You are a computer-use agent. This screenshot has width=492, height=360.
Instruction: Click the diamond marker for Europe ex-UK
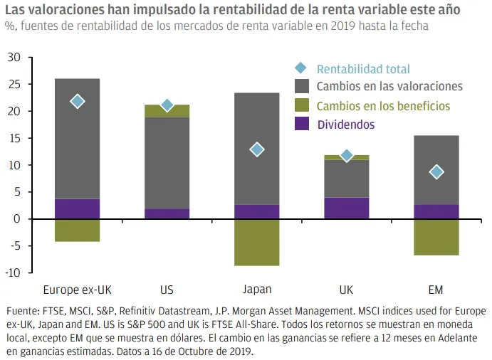[77, 102]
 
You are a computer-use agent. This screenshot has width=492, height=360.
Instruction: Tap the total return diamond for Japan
[257, 149]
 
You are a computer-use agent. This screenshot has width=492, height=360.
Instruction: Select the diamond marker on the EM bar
[436, 172]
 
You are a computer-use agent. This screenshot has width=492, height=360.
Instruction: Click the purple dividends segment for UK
[347, 208]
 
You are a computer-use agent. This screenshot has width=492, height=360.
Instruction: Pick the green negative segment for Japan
[257, 242]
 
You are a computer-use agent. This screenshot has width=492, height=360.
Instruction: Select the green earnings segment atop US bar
[167, 111]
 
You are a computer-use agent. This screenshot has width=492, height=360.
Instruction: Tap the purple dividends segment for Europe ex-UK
[77, 208]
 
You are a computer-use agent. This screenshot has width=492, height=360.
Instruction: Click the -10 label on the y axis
[12, 273]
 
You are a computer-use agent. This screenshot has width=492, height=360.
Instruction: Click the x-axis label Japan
[257, 290]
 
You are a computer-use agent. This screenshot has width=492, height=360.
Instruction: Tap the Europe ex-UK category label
[77, 290]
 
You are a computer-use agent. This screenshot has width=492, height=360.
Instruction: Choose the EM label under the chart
[436, 290]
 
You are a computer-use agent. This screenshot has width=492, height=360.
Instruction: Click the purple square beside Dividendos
[301, 125]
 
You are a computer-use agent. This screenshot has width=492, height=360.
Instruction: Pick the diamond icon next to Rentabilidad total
[301, 69]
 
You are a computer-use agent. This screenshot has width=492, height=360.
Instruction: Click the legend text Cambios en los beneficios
[383, 106]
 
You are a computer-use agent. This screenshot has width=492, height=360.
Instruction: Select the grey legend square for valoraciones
[301, 87]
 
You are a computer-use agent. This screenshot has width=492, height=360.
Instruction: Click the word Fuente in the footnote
[22, 312]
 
